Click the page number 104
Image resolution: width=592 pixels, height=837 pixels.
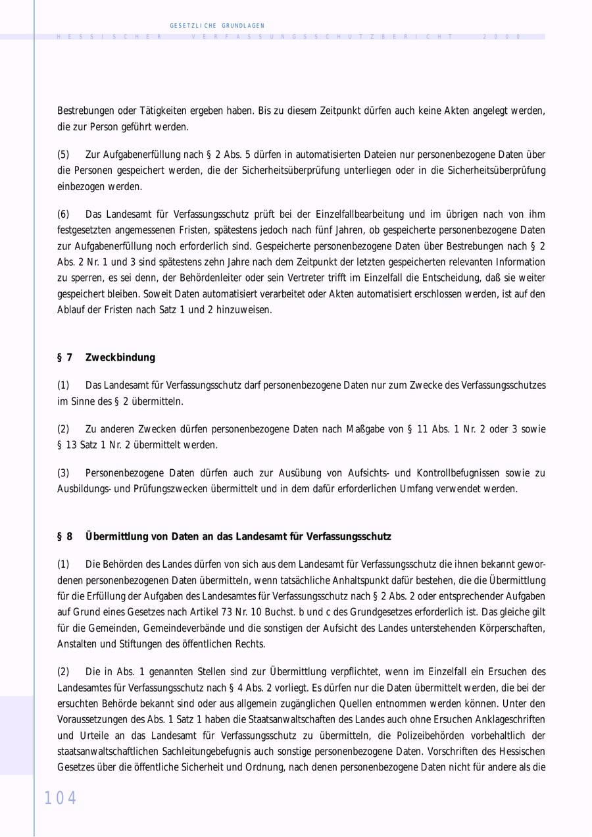61,798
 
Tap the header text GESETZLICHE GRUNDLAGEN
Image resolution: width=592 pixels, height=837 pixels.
217,26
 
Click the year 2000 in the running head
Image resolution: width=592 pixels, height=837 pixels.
502,37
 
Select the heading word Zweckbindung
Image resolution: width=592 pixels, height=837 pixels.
120,357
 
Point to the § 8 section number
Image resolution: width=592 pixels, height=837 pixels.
64,536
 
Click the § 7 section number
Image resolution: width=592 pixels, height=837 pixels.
64,357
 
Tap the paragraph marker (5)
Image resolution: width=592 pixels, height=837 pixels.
63,155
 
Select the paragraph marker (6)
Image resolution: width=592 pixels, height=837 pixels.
63,214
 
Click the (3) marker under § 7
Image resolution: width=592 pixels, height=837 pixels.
63,472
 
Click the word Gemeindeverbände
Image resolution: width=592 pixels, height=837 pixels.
179,628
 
